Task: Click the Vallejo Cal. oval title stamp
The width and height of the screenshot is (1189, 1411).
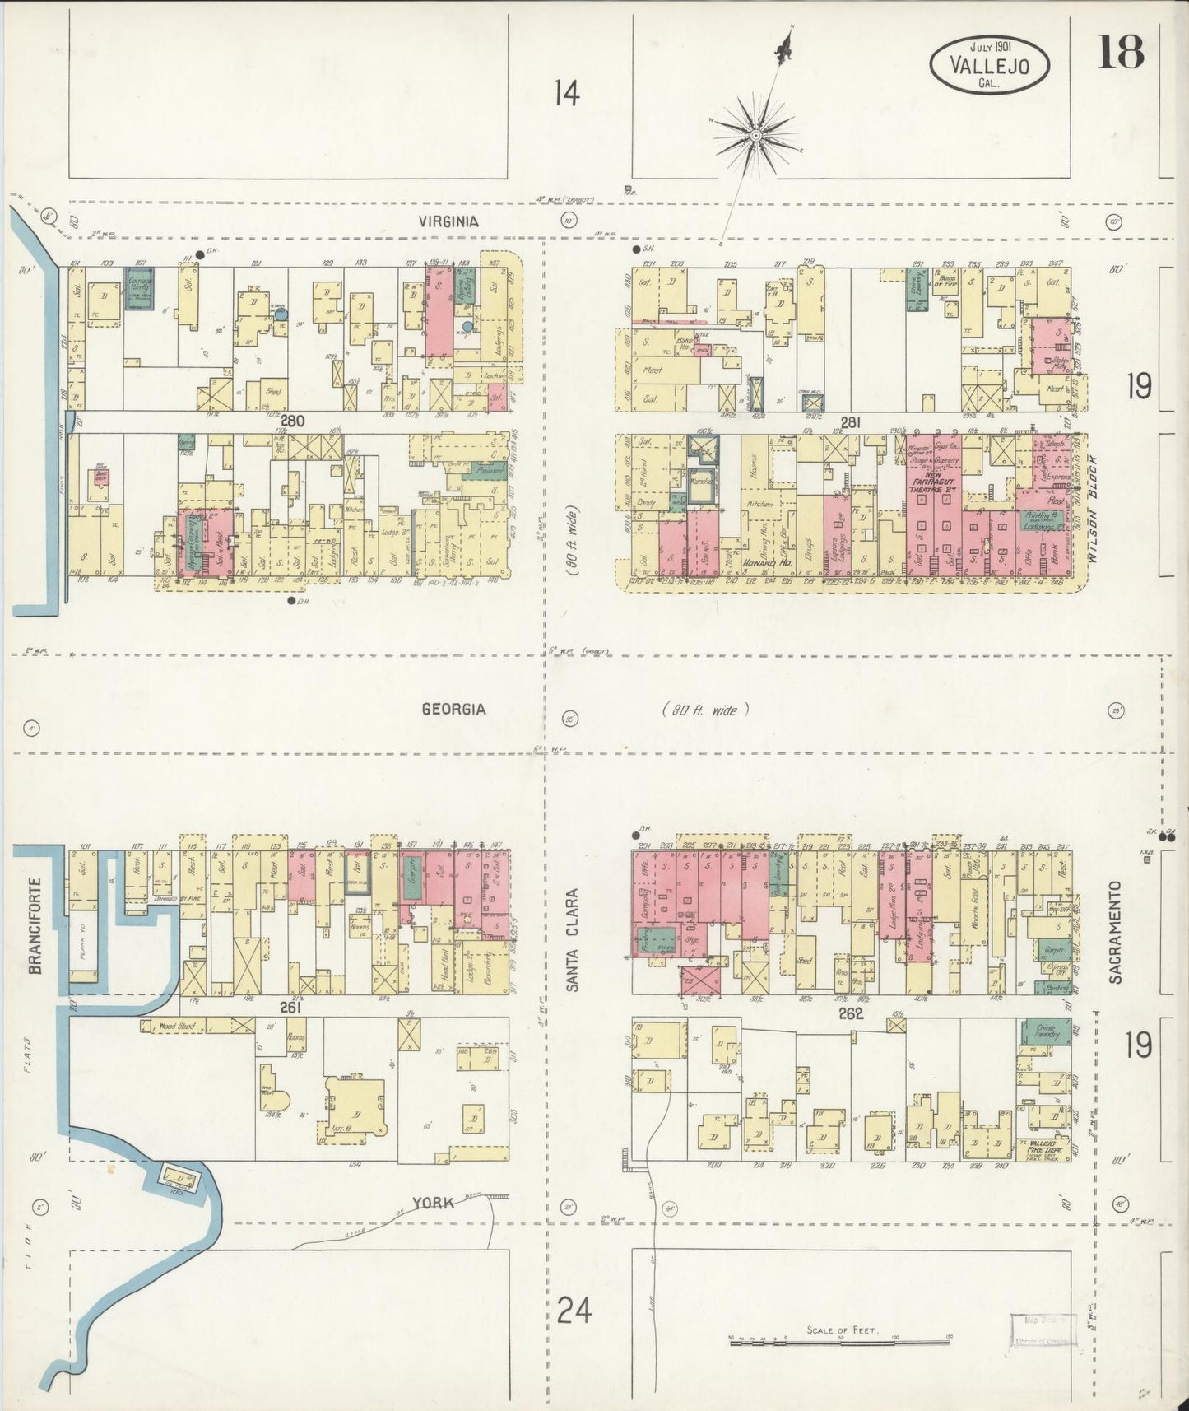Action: point(990,63)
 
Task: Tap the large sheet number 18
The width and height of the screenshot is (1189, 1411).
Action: point(1120,54)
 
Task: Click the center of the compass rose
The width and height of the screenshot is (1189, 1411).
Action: point(755,134)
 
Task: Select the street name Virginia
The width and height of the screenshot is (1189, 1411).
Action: point(448,221)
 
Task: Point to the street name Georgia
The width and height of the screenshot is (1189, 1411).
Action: point(453,709)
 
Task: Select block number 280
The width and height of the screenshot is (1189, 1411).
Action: point(291,421)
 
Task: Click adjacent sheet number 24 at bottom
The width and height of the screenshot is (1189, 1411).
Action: point(574,1308)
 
